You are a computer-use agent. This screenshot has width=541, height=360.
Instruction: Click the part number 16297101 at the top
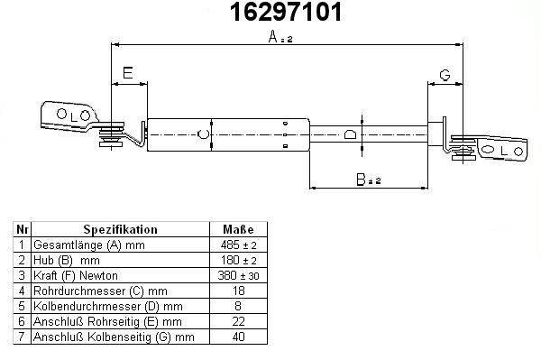click(286, 12)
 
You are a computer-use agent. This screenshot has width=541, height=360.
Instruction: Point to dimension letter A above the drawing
click(273, 37)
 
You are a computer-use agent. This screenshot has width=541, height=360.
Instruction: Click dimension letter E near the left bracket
click(128, 73)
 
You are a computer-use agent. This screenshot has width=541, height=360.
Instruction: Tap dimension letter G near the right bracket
click(445, 75)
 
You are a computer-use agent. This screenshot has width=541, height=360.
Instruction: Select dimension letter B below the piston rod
click(361, 180)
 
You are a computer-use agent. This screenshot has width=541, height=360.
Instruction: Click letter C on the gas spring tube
click(203, 134)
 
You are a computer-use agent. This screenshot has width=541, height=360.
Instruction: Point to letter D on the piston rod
click(350, 134)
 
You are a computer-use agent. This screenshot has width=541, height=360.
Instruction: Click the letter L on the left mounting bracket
click(73, 117)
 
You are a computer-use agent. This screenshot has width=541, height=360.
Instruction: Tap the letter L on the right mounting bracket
click(504, 151)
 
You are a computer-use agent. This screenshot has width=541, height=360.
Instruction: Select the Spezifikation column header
click(120, 229)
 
